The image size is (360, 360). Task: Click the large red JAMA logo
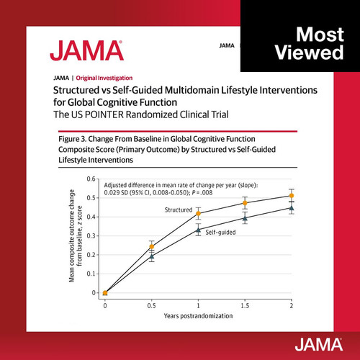(86, 50)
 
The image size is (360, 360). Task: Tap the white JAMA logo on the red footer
(319, 344)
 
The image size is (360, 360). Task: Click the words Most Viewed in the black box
(310, 43)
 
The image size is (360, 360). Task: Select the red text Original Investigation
(104, 78)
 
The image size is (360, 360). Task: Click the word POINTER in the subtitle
(104, 114)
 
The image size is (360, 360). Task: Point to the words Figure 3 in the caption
(72, 139)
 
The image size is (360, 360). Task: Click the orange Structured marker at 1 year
(198, 213)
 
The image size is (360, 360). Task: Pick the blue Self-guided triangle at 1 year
(198, 230)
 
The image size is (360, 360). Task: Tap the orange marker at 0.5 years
(152, 246)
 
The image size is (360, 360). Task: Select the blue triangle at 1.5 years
(245, 218)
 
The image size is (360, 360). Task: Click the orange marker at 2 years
(292, 196)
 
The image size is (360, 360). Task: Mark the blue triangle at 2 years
(292, 208)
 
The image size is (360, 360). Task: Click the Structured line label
(179, 210)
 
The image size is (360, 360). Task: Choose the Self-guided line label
(220, 232)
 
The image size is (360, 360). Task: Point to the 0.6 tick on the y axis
(91, 179)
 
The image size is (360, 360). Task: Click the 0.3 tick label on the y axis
(91, 235)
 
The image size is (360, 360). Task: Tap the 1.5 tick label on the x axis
(245, 306)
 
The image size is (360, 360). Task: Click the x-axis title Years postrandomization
(198, 316)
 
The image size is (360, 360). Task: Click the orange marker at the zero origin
(105, 293)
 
